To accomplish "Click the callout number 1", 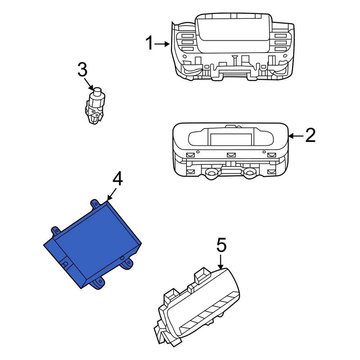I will (149, 44).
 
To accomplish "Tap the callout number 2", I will (310, 135).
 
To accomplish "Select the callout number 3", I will (82, 70).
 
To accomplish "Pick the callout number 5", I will (221, 246).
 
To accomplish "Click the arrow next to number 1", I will (163, 44).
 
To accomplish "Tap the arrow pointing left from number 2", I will (296, 136).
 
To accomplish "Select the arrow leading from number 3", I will (89, 85).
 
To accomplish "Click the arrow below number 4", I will (111, 195).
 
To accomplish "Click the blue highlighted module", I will (92, 245).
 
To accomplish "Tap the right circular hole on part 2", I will (248, 174).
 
